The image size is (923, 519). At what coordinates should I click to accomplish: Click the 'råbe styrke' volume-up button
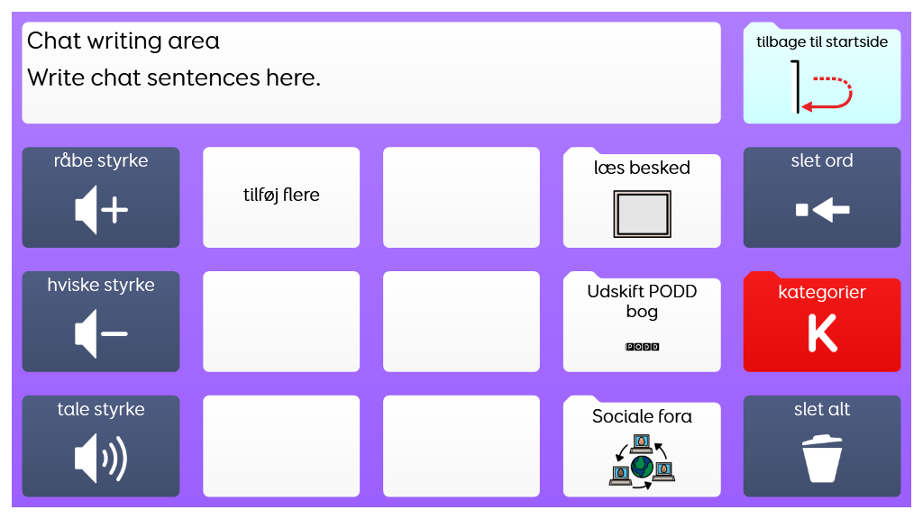tap(101, 197)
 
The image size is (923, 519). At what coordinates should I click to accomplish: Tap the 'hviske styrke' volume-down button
tap(101, 322)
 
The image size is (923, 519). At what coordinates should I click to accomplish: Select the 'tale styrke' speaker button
tap(101, 446)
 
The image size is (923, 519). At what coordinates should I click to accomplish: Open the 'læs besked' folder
tap(642, 198)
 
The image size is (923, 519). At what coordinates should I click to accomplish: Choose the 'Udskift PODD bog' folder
tap(642, 323)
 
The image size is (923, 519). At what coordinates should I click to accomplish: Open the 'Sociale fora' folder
tap(642, 447)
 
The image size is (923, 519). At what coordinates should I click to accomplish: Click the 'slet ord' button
tap(822, 197)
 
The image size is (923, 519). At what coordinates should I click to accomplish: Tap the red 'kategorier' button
tap(822, 322)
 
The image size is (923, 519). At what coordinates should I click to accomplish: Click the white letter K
tap(822, 333)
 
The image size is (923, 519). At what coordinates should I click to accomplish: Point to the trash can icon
tap(822, 459)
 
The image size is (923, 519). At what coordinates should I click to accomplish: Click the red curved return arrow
tap(830, 94)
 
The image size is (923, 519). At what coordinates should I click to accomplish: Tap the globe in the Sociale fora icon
tap(643, 466)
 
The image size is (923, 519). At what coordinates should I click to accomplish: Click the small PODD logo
tap(642, 347)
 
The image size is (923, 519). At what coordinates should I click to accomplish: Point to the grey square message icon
tap(642, 214)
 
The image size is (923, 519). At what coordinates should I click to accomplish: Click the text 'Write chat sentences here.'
tap(174, 77)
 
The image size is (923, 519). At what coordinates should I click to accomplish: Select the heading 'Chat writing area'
tap(123, 41)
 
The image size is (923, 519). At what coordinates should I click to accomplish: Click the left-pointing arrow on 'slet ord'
tap(829, 211)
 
